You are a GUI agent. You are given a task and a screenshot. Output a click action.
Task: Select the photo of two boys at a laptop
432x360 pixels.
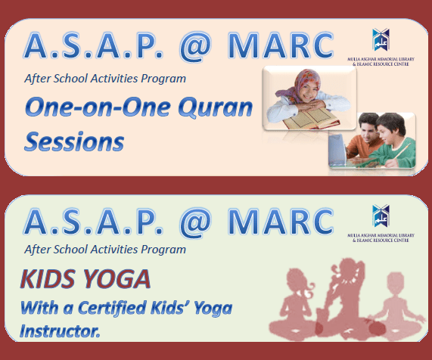point(371,140)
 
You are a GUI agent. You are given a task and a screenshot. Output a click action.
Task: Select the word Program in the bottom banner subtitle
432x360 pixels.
point(163,249)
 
